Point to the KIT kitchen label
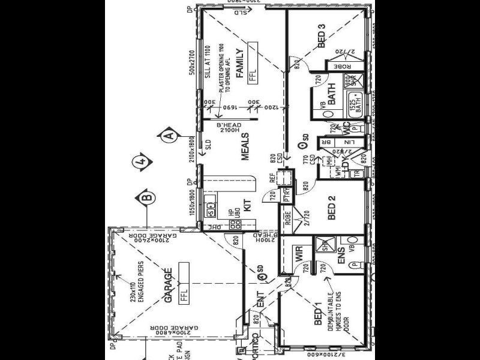click(247, 200)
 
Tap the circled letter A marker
click(170, 136)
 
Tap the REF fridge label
click(272, 178)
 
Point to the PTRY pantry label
click(286, 196)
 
